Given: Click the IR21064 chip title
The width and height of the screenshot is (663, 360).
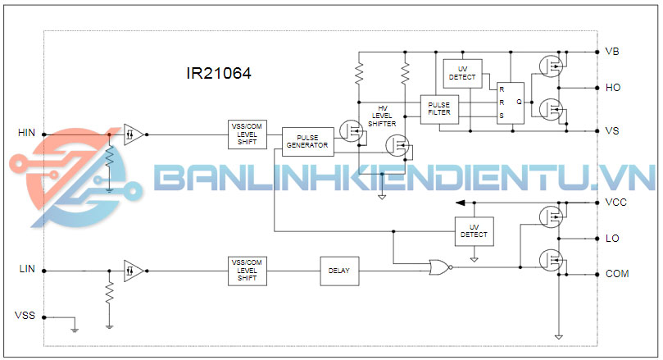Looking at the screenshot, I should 218,73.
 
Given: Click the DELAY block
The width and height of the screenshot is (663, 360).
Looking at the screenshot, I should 338,270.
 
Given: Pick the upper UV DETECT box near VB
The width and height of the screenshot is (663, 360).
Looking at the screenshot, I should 462,73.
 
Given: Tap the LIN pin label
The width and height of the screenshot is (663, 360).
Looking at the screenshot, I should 27,269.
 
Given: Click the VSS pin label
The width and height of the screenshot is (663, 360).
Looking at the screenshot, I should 26,315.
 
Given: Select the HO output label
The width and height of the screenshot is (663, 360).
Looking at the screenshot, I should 613,87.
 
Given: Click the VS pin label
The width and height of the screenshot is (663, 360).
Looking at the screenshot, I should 612,131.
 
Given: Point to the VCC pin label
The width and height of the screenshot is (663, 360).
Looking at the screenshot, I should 615,202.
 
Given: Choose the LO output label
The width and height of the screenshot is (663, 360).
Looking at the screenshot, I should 612,239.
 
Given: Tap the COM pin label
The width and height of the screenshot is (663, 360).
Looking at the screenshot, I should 616,274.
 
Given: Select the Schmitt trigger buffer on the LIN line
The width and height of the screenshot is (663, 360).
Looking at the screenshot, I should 133,269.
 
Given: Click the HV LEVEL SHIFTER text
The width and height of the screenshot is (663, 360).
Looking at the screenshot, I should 383,116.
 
